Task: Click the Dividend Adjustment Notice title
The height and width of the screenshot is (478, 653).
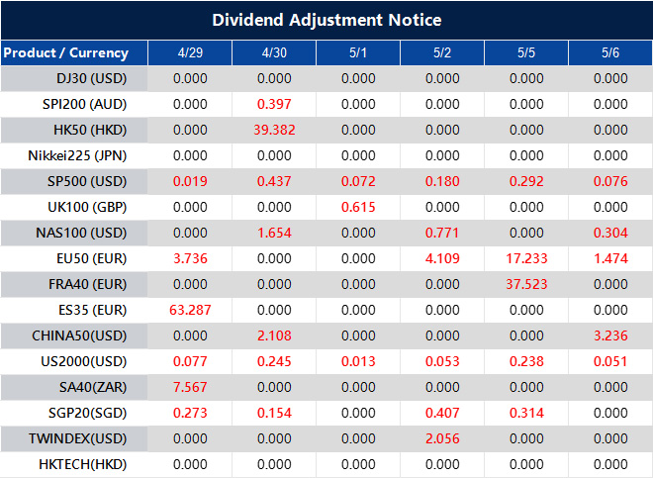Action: tap(326, 20)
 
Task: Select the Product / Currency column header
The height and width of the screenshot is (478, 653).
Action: tap(66, 52)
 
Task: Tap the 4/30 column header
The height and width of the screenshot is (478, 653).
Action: tap(274, 52)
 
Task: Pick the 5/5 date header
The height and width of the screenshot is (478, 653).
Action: tap(526, 52)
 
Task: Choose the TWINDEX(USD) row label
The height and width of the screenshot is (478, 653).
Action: tap(79, 438)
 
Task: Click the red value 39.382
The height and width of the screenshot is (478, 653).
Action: tap(274, 130)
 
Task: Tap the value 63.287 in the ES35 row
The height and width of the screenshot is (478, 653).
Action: tap(190, 310)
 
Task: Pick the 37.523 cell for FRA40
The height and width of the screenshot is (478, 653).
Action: tap(526, 284)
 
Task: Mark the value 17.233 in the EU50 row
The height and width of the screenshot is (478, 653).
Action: tap(526, 258)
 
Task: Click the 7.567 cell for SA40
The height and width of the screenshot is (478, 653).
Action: tap(190, 387)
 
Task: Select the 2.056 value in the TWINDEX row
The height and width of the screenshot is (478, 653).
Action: tap(442, 438)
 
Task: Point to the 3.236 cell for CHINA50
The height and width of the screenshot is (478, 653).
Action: tap(610, 335)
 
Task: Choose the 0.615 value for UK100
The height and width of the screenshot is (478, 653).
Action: tap(358, 207)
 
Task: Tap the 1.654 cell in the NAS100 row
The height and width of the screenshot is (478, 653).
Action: tap(274, 233)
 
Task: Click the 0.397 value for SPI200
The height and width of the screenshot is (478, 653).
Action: tap(274, 104)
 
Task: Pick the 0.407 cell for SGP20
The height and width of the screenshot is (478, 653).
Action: tap(442, 413)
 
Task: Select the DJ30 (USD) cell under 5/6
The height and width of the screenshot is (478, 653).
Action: tap(610, 78)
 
